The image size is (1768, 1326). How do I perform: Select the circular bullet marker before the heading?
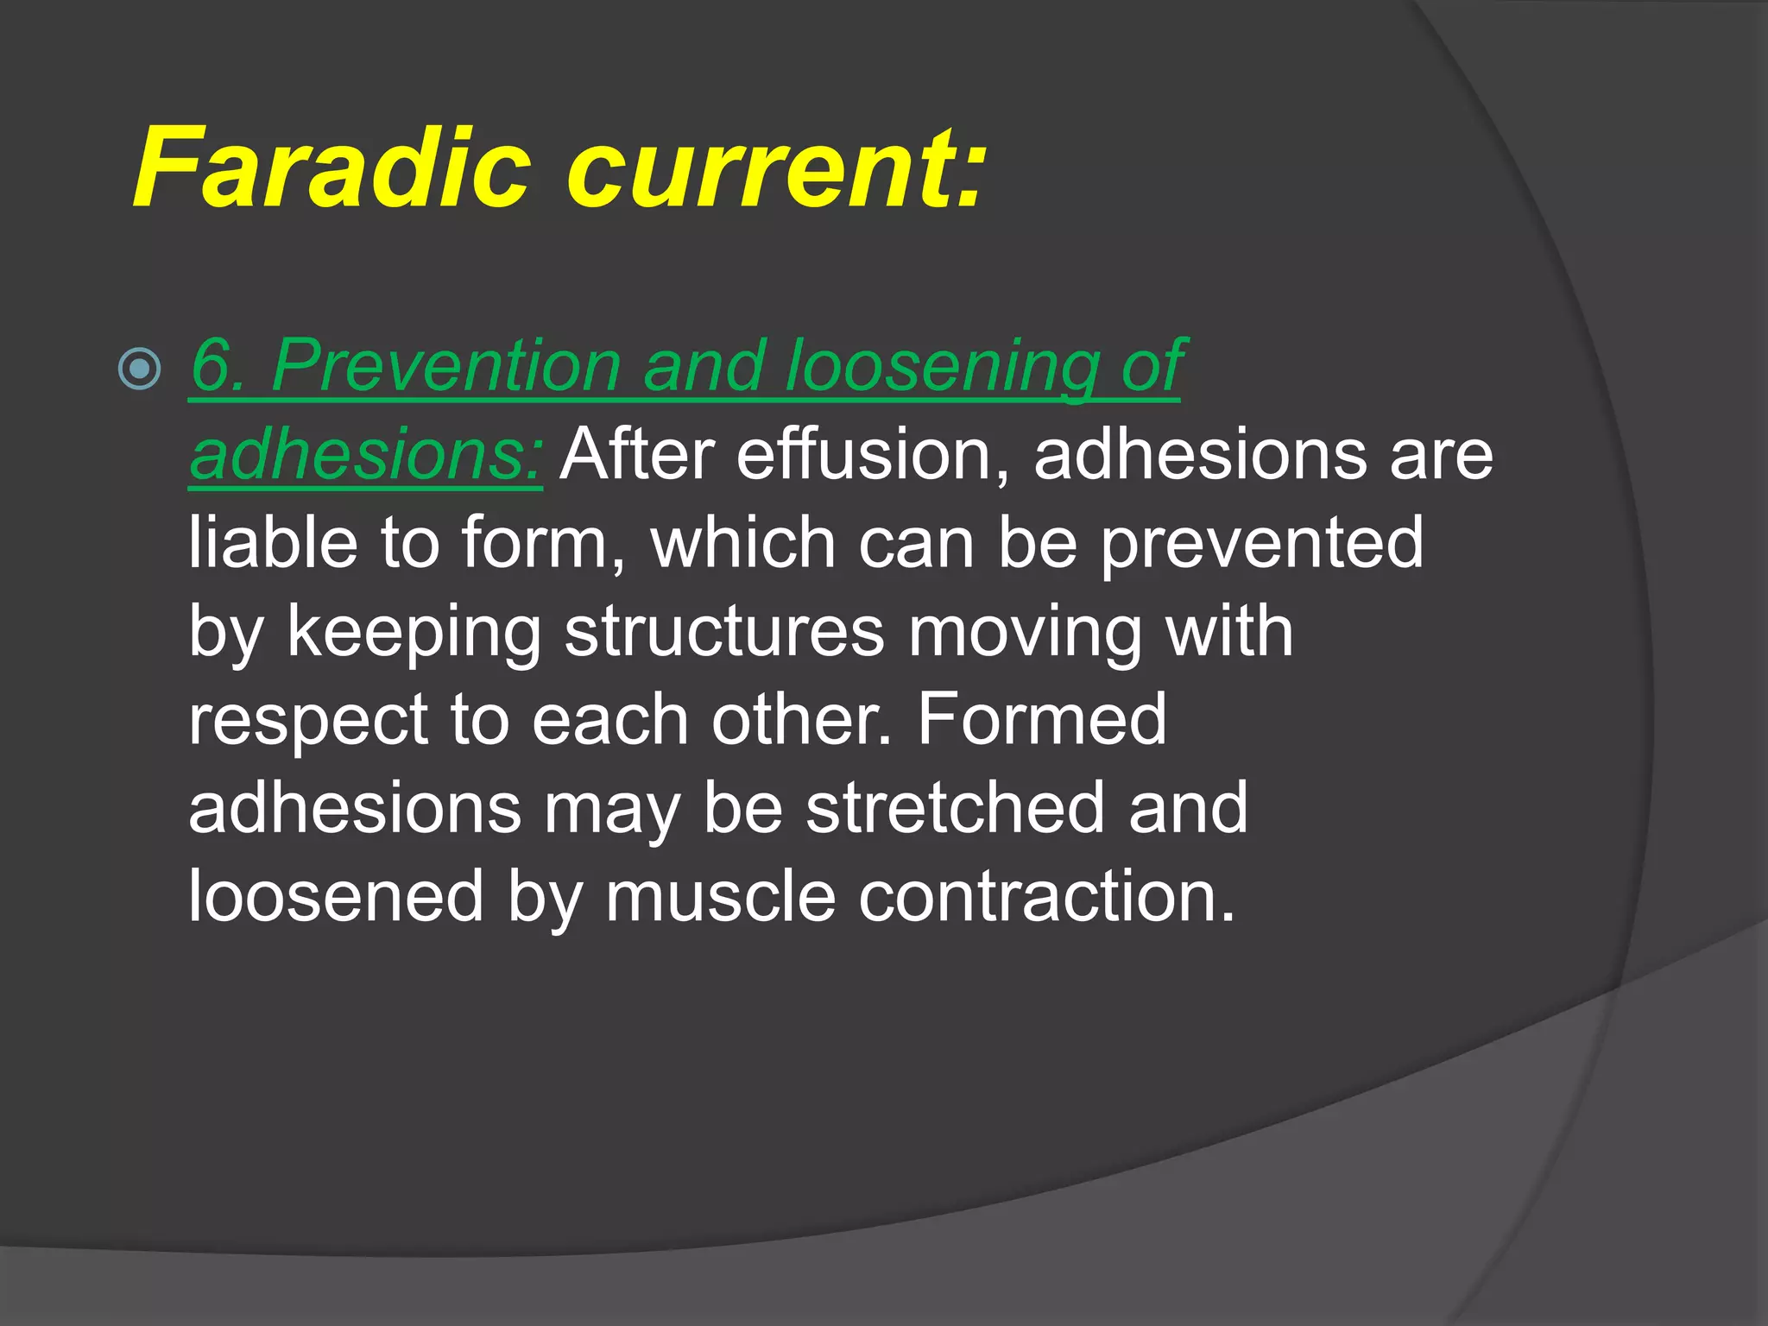tap(139, 369)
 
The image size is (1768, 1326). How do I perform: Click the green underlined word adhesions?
tap(366, 455)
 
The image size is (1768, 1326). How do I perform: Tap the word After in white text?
tap(637, 455)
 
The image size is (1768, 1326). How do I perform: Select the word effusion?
tap(872, 455)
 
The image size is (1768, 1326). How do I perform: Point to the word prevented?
tap(1261, 543)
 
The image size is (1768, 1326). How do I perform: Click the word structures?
tap(724, 633)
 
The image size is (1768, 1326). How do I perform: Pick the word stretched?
tap(955, 808)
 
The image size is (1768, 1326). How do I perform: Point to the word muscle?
tap(720, 897)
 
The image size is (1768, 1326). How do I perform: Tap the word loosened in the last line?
tap(336, 897)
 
